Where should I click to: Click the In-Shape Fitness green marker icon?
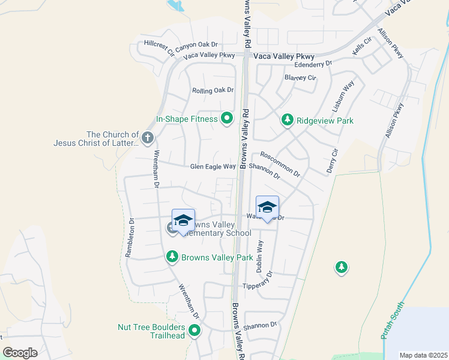[227, 118]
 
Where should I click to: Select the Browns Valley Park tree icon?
[172, 257]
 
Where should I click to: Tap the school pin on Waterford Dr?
[267, 208]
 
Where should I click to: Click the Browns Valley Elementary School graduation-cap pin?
[183, 220]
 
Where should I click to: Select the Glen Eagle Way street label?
[212, 167]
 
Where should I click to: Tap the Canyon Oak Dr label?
[197, 44]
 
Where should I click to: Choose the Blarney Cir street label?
[300, 78]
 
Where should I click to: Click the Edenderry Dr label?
[313, 64]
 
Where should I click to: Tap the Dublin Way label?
[260, 257]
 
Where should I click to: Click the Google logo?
[20, 353]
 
